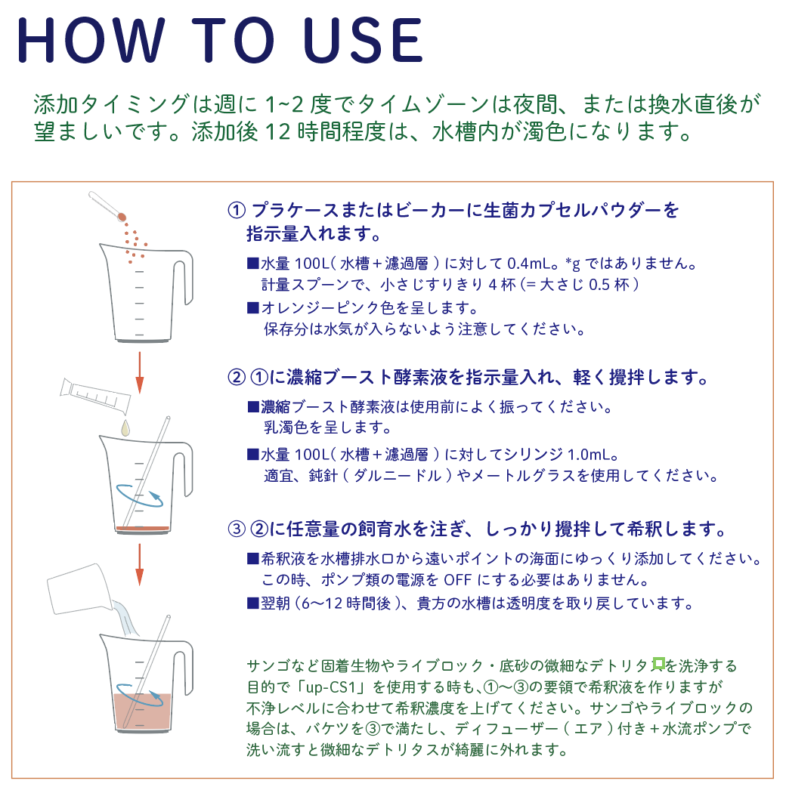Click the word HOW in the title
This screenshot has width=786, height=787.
[91, 40]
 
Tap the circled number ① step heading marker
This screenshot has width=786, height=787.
[237, 210]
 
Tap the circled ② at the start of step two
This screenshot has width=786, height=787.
[237, 377]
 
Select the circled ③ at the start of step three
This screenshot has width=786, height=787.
[237, 529]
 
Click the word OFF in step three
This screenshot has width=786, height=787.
[457, 580]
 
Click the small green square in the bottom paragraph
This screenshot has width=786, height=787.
[658, 664]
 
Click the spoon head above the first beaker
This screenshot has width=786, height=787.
[122, 217]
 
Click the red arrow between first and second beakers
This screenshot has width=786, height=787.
[140, 372]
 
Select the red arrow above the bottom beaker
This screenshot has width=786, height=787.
[140, 565]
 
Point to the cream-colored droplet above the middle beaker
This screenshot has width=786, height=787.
[125, 427]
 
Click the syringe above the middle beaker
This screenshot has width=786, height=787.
[95, 396]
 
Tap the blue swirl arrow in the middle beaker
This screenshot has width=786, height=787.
[140, 495]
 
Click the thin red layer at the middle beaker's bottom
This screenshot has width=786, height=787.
[143, 528]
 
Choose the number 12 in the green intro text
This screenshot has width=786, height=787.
[277, 132]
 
